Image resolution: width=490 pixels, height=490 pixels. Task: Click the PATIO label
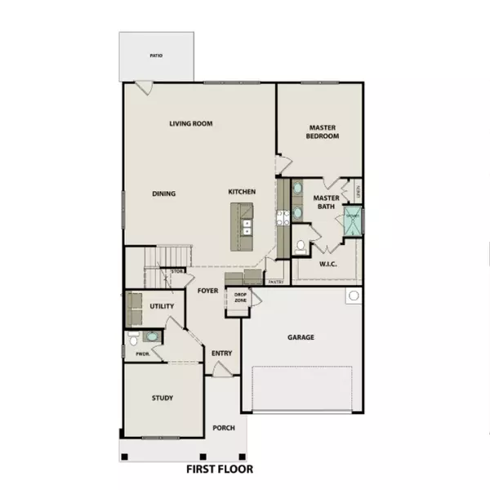(x=156, y=56)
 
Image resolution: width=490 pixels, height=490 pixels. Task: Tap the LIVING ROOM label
(x=191, y=124)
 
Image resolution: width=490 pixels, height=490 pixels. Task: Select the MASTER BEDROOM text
(x=323, y=131)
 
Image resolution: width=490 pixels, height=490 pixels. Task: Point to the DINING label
(x=164, y=194)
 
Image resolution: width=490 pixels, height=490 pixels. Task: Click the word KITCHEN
(x=242, y=192)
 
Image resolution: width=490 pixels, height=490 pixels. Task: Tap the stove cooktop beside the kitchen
(x=283, y=217)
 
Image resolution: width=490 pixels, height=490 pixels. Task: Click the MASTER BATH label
(x=326, y=202)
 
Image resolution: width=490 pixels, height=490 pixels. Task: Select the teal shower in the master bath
(x=354, y=220)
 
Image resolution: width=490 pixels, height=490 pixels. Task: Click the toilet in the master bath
(x=301, y=245)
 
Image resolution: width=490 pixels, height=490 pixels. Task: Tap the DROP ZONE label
(x=240, y=298)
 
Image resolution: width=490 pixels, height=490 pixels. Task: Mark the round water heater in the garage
(x=354, y=296)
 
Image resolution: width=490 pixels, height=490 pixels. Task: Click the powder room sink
(x=151, y=336)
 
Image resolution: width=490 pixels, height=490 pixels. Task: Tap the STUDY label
(x=163, y=399)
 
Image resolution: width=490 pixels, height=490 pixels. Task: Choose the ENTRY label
(x=222, y=353)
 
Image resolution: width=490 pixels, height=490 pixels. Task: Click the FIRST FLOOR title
(x=218, y=470)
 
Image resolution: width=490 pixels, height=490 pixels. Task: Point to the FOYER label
(x=207, y=291)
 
